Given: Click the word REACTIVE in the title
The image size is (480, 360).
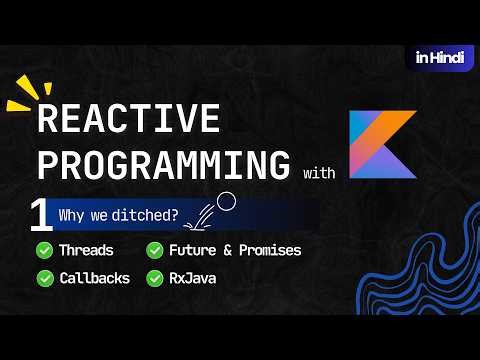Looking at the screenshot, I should coord(127,119).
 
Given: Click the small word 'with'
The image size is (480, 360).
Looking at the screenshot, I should coord(318,174).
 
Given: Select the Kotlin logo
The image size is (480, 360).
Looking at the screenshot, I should coord(382,144).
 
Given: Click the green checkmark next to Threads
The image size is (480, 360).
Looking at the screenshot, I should coord(45,250).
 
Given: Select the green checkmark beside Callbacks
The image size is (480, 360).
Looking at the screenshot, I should coord(45,277).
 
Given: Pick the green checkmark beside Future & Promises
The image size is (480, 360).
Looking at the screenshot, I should coord(155,250).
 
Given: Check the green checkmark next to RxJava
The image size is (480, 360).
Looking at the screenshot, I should coord(155,277).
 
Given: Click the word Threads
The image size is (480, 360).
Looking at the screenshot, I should coord(86,250).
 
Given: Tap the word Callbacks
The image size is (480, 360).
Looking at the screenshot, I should coord(94,277).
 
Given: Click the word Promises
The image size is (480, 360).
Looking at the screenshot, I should coord(267,250).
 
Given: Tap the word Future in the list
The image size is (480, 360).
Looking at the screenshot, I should coord(193,250).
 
